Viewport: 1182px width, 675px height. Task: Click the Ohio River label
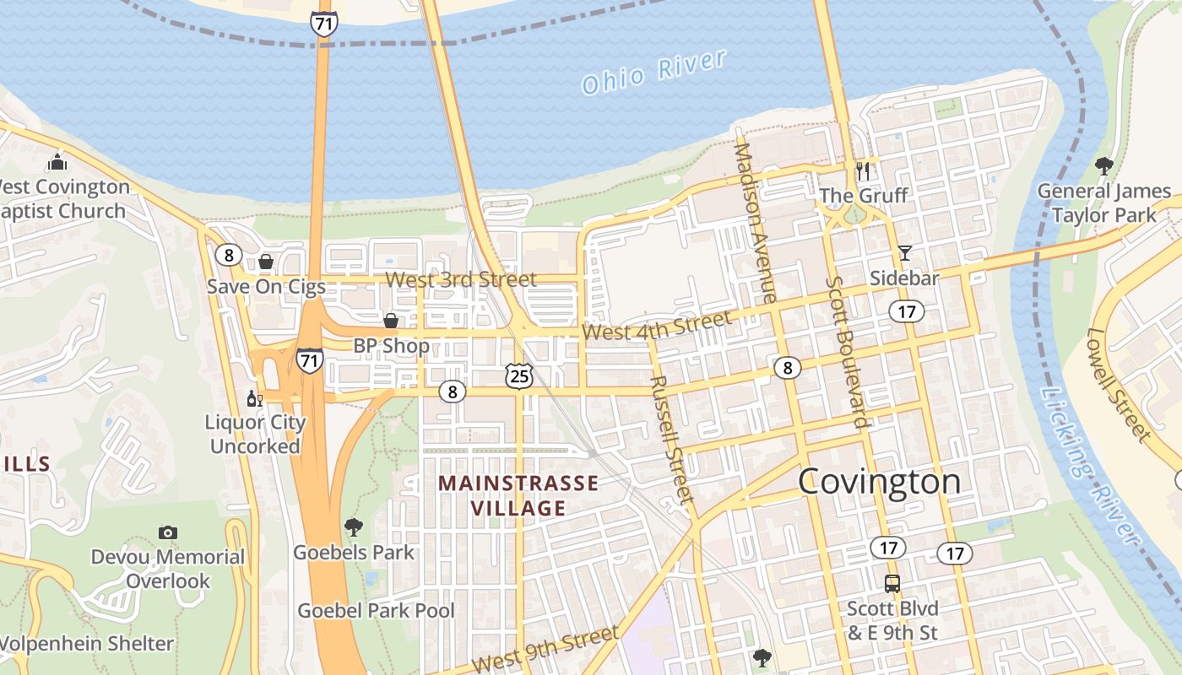(x=654, y=72)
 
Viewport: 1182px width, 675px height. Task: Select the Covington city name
(x=879, y=482)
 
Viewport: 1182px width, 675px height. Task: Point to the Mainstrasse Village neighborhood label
(x=518, y=496)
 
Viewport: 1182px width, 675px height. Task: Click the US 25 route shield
(x=519, y=376)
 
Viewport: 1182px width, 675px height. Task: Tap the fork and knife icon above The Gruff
(x=863, y=171)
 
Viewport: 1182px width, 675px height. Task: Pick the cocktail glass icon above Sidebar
(x=905, y=252)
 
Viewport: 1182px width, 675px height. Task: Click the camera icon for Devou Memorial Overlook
(x=168, y=532)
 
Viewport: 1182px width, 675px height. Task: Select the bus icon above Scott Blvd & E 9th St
(x=892, y=583)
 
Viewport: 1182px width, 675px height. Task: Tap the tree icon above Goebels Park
(x=354, y=528)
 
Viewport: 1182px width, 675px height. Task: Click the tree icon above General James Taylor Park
(x=1103, y=166)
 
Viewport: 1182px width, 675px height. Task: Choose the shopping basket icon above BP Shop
(x=391, y=321)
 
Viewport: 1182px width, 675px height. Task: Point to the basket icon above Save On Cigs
(x=266, y=262)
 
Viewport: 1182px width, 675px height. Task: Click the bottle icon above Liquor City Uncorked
(x=254, y=398)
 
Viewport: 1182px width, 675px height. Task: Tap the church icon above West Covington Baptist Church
(x=57, y=162)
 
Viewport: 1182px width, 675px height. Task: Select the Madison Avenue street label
(x=755, y=222)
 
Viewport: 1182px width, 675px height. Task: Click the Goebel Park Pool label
(x=376, y=610)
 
